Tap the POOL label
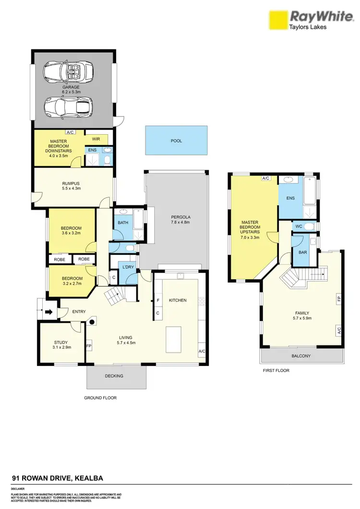coord(176,141)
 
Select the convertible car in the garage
coord(67,73)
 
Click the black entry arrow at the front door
coord(48,312)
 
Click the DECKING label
coord(114,376)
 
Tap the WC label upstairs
coord(298,226)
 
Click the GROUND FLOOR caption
coord(100,398)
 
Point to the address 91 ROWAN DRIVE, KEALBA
coord(57,478)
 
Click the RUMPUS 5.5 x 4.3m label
coord(71,186)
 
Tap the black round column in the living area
coord(92,321)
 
